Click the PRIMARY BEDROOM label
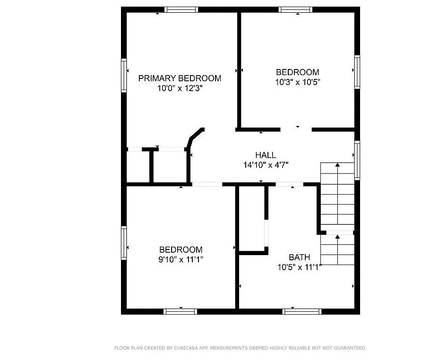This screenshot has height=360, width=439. tap(180, 78)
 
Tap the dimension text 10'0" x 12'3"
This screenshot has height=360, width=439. tap(180, 88)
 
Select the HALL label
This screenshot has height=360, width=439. tap(266, 155)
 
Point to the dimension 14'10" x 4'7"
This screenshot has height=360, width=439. tap(266, 165)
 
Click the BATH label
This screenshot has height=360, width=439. tap(299, 257)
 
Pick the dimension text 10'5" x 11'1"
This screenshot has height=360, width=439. tap(299, 267)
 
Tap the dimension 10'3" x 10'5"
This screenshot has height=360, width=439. tap(298, 82)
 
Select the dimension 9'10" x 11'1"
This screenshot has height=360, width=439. tap(181, 259)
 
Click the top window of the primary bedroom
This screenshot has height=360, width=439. tap(181, 10)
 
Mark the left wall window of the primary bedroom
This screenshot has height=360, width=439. tap(124, 75)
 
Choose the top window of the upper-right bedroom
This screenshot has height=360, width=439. tap(295, 10)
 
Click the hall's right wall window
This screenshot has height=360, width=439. tap(357, 161)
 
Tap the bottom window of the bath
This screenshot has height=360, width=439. tap(302, 311)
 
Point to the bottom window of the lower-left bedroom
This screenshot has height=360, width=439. tap(181, 311)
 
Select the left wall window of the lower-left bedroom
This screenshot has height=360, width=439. tap(124, 243)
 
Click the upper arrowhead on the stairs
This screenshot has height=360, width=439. tap(338, 165)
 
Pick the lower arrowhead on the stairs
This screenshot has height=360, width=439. tap(338, 237)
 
